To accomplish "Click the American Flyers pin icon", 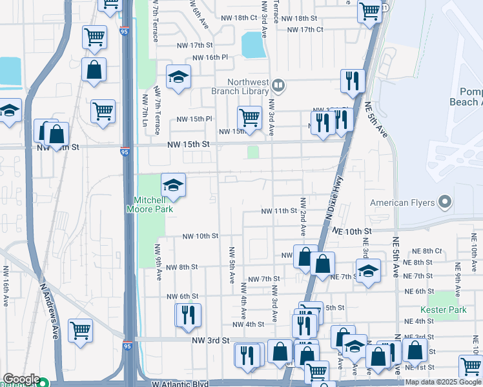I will (444, 203).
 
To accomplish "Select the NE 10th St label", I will (353, 230).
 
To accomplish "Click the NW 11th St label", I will (279, 211).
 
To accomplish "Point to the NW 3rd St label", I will (211, 339).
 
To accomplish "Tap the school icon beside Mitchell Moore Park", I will (172, 186).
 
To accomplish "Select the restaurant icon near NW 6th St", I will (189, 315).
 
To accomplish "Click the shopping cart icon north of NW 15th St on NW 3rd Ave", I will (249, 118).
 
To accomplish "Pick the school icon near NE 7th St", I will (368, 270).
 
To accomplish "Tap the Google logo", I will (21, 380).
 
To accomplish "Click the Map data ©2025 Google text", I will (443, 382).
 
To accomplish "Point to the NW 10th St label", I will (200, 236).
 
